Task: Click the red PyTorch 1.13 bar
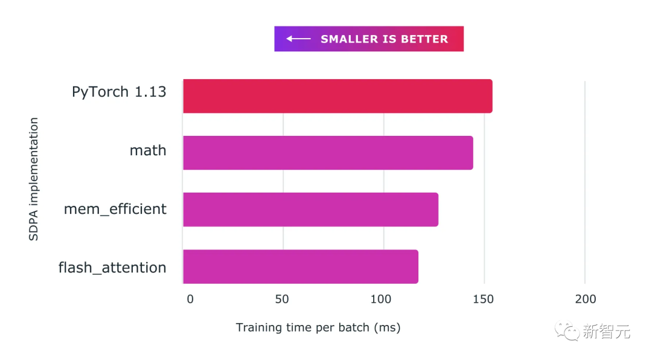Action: pyautogui.click(x=337, y=96)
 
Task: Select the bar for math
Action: pyautogui.click(x=327, y=153)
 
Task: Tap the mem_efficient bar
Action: pyautogui.click(x=310, y=210)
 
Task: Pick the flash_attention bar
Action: pyautogui.click(x=300, y=266)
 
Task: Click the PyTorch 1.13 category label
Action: pyautogui.click(x=119, y=92)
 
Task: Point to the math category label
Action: pyautogui.click(x=148, y=150)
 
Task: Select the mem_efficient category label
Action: pyautogui.click(x=115, y=209)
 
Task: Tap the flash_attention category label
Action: pyautogui.click(x=112, y=267)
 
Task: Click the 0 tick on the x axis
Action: pyautogui.click(x=190, y=299)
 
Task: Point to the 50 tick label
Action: pyautogui.click(x=282, y=299)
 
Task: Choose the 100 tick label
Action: pyautogui.click(x=382, y=299)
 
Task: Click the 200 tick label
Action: pyautogui.click(x=585, y=299)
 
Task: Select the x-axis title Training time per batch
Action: pyautogui.click(x=318, y=327)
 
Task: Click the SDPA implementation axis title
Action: pyautogui.click(x=34, y=179)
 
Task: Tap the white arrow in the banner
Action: pyautogui.click(x=298, y=39)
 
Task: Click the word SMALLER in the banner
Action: pyautogui.click(x=348, y=39)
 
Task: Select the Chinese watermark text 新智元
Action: pyautogui.click(x=606, y=331)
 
